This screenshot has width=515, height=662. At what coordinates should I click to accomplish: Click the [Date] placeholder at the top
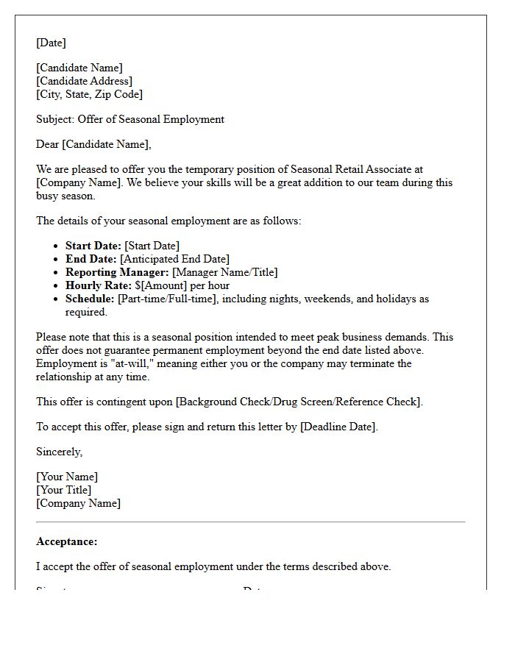(51, 43)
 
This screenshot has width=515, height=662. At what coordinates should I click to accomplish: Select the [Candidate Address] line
(84, 81)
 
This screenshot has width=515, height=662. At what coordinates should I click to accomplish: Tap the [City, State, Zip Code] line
(89, 94)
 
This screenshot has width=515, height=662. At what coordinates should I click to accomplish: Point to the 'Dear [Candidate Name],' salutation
(93, 144)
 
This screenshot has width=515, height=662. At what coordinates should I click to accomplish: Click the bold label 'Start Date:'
(93, 246)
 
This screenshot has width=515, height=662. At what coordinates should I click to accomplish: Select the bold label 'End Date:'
(90, 259)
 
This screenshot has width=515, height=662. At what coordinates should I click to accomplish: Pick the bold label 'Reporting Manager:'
(117, 272)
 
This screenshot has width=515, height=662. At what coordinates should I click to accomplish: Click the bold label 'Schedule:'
(90, 299)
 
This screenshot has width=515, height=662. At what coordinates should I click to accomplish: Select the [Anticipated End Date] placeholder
(174, 259)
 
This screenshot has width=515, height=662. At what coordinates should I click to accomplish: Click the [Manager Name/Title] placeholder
(225, 272)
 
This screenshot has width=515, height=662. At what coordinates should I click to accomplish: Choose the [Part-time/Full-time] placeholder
(167, 299)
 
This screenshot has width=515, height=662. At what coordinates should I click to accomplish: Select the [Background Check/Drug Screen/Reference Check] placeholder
(299, 402)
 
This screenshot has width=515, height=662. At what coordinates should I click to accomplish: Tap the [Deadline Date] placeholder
(338, 427)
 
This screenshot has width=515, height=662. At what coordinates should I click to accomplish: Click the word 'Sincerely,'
(59, 452)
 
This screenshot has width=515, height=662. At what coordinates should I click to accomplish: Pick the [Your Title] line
(64, 490)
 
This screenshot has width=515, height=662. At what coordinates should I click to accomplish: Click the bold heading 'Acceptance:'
(66, 541)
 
